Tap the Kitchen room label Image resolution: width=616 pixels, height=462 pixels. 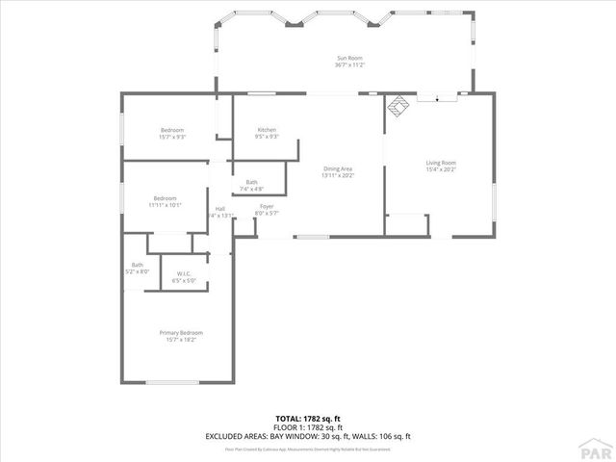coord(267,130)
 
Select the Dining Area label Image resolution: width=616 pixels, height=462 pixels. coord(339,169)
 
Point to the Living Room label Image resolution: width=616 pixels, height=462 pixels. coord(441,163)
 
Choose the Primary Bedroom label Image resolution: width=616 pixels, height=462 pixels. coord(181,333)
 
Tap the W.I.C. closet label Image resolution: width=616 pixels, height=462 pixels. coord(182,274)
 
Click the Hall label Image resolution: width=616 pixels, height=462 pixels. coord(219,209)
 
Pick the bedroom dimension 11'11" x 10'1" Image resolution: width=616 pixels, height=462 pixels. coord(166,205)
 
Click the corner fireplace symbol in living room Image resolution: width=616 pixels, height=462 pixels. coord(395,107)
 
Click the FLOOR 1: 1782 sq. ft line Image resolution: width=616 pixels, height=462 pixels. coord(308,427)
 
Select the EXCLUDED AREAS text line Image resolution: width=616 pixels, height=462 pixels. coord(308,436)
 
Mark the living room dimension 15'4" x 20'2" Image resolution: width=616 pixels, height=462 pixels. coord(441,169)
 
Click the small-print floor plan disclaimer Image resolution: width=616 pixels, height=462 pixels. coord(308,448)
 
